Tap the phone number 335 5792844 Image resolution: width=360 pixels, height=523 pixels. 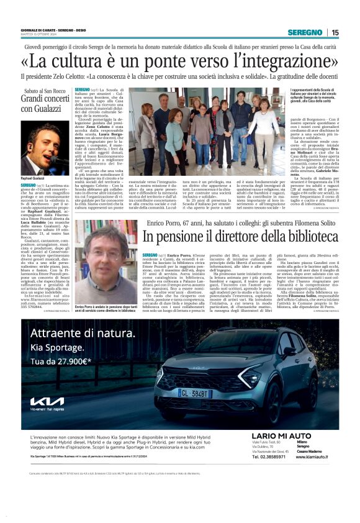pos(35,306)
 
